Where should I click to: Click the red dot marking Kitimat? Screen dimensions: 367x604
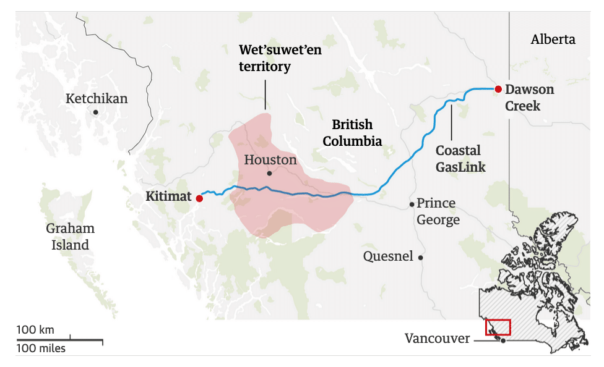click(x=199, y=198)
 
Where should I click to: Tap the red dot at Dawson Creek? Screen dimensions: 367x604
click(x=498, y=89)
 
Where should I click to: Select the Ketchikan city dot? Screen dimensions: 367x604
click(x=95, y=112)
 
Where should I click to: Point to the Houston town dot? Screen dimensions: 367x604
click(x=269, y=173)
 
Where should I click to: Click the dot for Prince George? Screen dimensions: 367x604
click(x=412, y=204)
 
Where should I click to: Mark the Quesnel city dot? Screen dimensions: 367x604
click(x=421, y=257)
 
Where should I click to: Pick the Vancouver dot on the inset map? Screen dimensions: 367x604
click(x=504, y=340)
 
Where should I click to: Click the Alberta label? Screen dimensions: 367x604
click(x=553, y=40)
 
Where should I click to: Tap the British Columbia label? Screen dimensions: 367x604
click(x=352, y=133)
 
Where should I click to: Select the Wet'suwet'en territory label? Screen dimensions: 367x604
click(x=280, y=58)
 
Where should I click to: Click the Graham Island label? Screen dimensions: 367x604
click(x=70, y=237)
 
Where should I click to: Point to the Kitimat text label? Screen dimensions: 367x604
click(x=169, y=197)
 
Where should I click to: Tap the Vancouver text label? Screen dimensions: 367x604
click(x=436, y=339)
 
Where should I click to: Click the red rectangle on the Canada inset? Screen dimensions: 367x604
click(x=498, y=327)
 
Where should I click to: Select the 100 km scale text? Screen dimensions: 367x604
click(x=35, y=329)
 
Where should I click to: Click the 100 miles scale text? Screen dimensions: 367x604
click(x=41, y=348)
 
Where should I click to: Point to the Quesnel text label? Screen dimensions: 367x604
click(x=388, y=256)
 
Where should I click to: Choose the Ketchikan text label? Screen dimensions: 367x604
click(x=97, y=99)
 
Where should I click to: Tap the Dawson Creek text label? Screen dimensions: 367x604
click(x=529, y=98)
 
